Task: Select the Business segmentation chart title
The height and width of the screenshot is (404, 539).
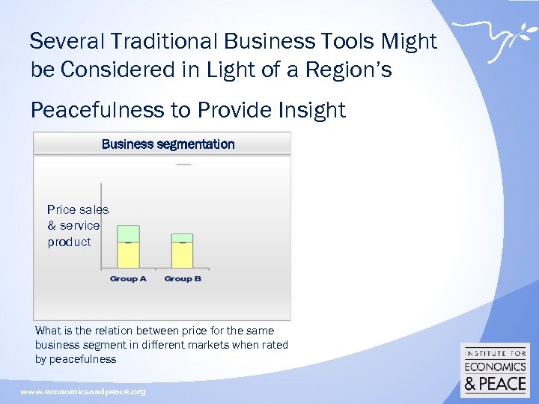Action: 168,144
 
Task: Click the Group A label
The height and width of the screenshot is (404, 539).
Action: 128,278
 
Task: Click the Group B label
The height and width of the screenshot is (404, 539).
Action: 183,278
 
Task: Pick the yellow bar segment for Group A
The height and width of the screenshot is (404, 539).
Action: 129,256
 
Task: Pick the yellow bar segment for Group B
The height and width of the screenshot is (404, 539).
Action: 182,256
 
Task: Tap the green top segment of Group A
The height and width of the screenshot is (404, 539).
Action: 129,233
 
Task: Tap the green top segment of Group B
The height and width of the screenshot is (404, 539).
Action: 182,237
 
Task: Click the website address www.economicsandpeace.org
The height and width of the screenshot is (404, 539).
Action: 83,391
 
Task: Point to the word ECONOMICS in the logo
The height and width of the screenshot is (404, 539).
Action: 496,367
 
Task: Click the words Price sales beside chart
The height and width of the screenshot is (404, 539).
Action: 78,209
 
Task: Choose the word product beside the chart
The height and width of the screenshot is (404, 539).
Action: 69,242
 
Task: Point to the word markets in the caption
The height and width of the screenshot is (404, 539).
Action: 212,345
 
